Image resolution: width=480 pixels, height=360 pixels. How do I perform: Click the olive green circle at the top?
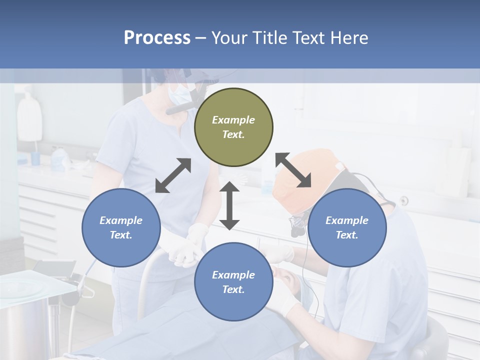pos(233,127)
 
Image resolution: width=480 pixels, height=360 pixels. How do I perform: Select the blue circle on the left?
pos(121,227)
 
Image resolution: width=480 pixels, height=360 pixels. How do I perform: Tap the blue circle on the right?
pos(347,227)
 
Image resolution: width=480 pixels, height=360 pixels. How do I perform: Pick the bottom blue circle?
pos(233,282)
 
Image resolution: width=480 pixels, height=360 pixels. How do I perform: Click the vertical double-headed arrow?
pos(229,205)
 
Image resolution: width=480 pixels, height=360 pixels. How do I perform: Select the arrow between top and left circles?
pos(173,175)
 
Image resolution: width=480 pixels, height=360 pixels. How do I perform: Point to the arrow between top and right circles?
pos(293,170)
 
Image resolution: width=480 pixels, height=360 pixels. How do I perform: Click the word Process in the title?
pos(157,37)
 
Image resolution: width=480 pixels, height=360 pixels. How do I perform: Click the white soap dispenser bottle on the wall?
pos(29,117)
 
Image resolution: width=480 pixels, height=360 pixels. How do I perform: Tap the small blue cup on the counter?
pos(35,158)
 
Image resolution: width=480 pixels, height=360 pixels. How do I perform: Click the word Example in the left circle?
pos(121,220)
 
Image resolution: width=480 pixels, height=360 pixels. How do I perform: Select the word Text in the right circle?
pos(347,235)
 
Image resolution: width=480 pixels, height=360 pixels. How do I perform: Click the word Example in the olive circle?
pos(233,120)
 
